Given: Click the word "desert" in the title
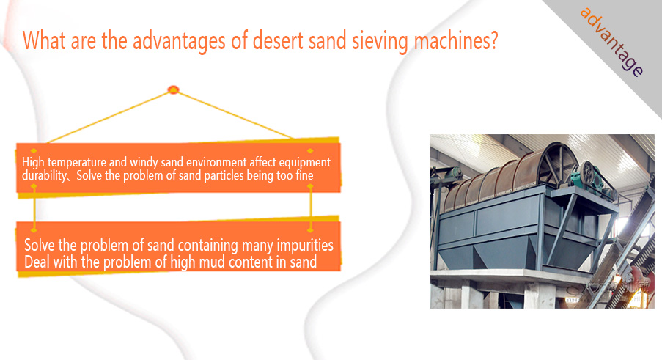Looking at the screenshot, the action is pos(278,41).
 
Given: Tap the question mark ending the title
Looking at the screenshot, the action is pos(493,40).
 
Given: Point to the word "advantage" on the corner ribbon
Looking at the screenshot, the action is pos(611,42).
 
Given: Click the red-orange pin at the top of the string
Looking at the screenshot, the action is pos(174,89).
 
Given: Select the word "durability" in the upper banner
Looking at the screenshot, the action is pos(44,175).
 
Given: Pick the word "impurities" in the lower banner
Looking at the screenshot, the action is pos(305,245).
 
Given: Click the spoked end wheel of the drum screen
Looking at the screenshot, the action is pos(558,164).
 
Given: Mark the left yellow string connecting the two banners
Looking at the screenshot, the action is pos(34,208).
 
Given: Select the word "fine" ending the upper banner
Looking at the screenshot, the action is pos(304,175).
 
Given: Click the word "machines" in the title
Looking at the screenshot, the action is pos(450,41).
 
